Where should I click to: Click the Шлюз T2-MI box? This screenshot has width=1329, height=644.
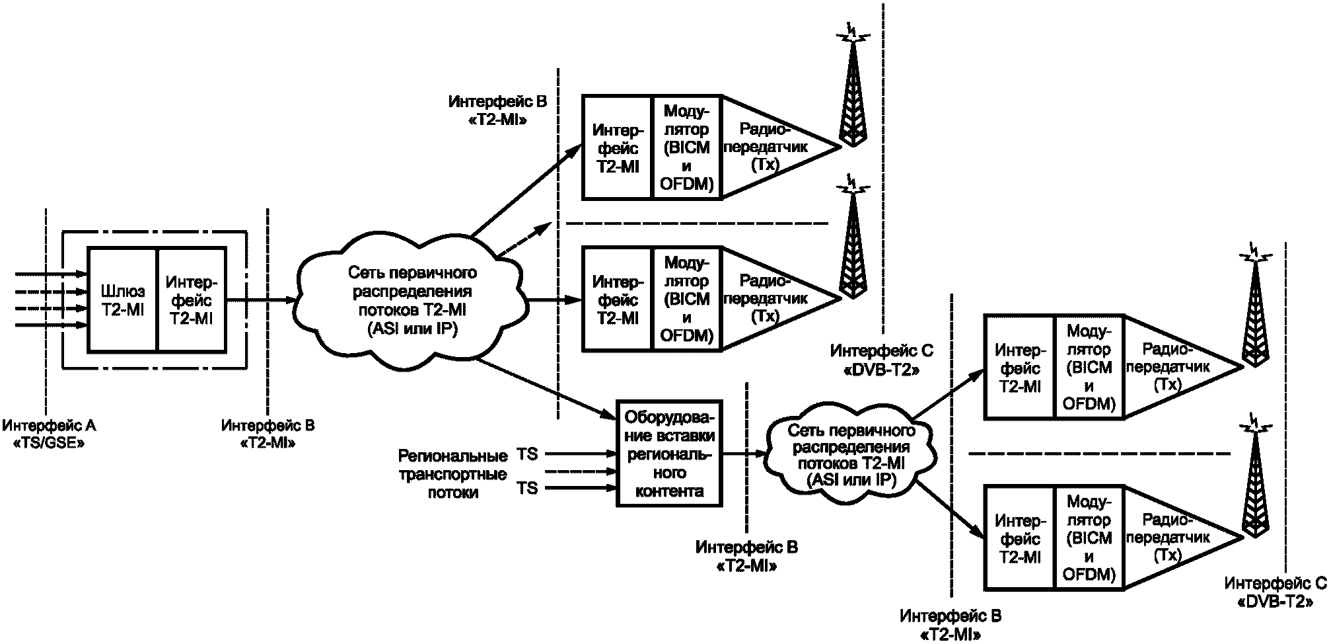pyautogui.click(x=122, y=300)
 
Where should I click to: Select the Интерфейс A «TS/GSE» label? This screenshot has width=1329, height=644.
pyautogui.click(x=49, y=434)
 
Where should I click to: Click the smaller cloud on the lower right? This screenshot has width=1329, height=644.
pyautogui.click(x=851, y=456)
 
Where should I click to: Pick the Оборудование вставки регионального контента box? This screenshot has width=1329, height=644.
pyautogui.click(x=668, y=454)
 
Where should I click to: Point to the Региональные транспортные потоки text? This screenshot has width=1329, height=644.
pyautogui.click(x=452, y=473)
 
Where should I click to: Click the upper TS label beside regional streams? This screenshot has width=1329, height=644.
pyautogui.click(x=527, y=454)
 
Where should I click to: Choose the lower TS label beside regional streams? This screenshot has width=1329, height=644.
pyautogui.click(x=527, y=488)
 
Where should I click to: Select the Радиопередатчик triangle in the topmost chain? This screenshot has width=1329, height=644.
pyautogui.click(x=779, y=147)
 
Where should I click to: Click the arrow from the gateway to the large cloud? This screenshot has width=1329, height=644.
pyautogui.click(x=262, y=300)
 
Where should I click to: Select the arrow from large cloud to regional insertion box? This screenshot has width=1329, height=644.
pyautogui.click(x=546, y=389)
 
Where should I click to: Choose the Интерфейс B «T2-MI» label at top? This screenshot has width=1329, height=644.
pyautogui.click(x=497, y=111)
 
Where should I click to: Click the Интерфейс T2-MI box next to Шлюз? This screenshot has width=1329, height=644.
pyautogui.click(x=192, y=300)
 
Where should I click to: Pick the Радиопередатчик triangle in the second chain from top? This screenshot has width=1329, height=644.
pyautogui.click(x=779, y=298)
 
